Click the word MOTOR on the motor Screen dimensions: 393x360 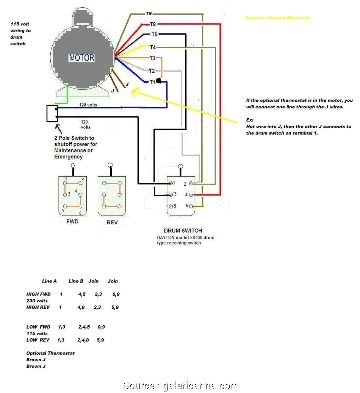pos(81,58)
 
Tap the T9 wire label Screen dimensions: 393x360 pos(149,13)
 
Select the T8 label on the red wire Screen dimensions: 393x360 pos(152,24)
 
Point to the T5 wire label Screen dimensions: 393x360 pos(154,34)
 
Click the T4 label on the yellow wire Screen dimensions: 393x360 pos(152,47)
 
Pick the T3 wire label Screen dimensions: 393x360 pos(152,58)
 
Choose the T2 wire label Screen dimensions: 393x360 pos(151,70)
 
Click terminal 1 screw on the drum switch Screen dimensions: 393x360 pos(170,183)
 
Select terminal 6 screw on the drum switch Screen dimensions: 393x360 pos(191,206)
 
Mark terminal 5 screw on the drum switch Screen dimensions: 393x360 pos(170,206)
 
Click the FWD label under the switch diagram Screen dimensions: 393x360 pos(72,221)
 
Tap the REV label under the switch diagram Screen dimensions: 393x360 pos(112,222)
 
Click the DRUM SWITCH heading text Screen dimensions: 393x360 pos(183,230)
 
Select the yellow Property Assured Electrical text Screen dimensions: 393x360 pos(277,18)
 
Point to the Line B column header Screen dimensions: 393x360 pos(76,281)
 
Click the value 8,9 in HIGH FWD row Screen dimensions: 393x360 pos(116,294)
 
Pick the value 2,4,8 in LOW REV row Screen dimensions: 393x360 pos(83,340)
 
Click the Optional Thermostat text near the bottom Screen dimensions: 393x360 pos(50,353)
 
